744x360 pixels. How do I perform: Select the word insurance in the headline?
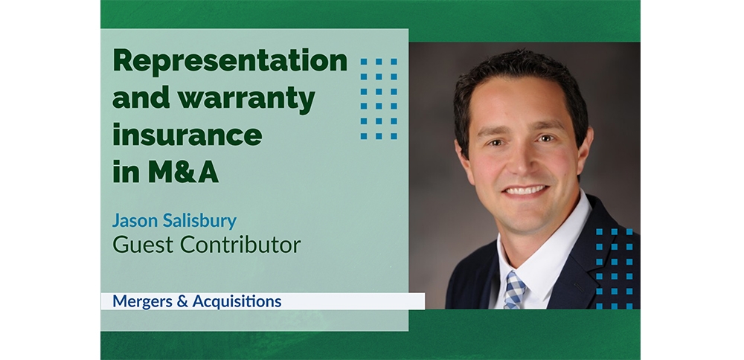tap(187, 135)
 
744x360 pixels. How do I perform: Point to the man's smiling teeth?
tap(526, 190)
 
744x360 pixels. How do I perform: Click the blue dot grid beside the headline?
tap(379, 99)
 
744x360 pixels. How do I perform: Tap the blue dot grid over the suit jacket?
tap(615, 269)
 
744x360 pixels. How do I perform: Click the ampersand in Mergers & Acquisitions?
tap(182, 302)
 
